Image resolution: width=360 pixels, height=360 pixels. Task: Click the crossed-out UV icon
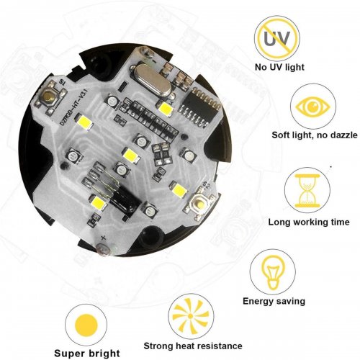point(277,39)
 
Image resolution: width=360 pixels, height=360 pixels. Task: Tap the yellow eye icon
point(312,106)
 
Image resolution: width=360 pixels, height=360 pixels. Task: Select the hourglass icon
point(307,191)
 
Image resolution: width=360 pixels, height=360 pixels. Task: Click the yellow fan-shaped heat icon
point(191,316)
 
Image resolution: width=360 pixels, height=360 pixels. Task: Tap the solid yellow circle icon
point(86,325)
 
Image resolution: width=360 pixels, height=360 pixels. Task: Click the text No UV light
point(279,67)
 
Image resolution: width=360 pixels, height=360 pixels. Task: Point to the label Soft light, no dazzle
point(315,135)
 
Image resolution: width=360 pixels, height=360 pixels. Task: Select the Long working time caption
point(309,222)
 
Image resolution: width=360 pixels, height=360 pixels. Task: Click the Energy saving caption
point(274,301)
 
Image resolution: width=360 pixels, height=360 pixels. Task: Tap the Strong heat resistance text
point(193,346)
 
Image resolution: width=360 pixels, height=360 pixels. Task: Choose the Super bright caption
point(87,354)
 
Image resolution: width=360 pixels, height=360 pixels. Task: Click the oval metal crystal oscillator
point(152,79)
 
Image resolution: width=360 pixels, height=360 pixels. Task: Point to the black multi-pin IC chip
point(199,107)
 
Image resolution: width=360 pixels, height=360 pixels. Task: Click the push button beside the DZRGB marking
point(50,96)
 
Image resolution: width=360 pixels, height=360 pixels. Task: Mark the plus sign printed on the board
point(104,238)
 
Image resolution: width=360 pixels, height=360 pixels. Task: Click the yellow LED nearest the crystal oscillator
point(165,109)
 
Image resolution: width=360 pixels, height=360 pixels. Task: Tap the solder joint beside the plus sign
point(104,250)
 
